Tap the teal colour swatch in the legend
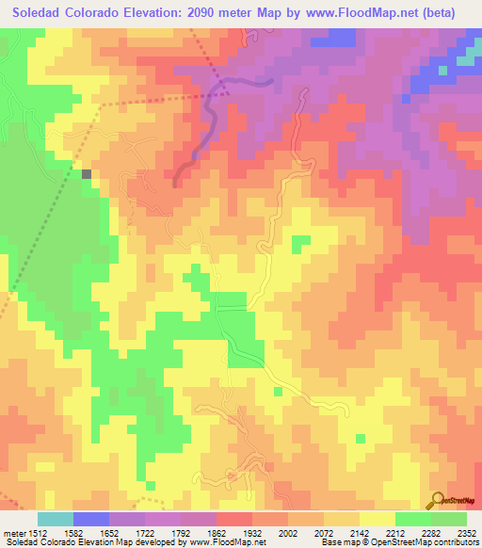[56, 519]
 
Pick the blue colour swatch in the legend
[91, 519]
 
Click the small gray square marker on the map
[88, 173]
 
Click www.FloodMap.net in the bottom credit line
[223, 542]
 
